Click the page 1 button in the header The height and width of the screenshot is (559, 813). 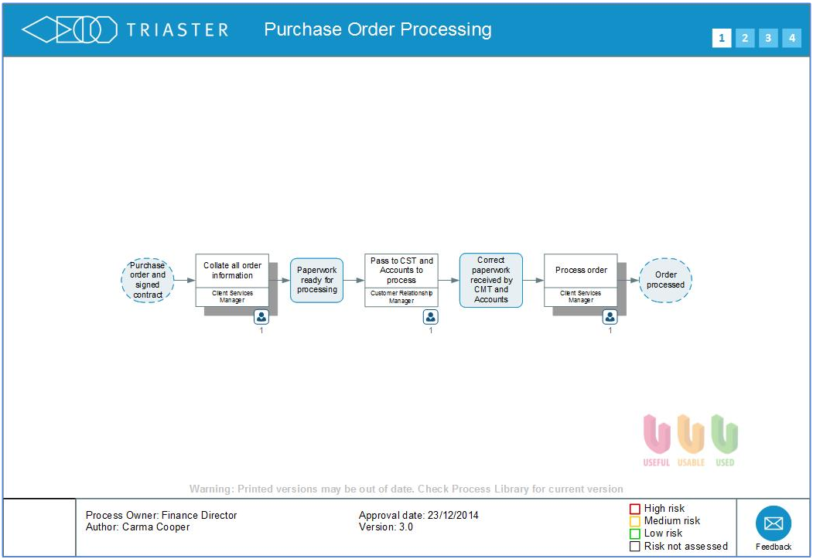click(x=721, y=38)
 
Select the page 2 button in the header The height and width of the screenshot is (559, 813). click(x=744, y=38)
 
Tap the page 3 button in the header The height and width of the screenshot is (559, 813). click(x=767, y=38)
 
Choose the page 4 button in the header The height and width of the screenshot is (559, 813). click(x=791, y=38)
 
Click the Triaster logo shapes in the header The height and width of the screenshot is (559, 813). click(x=69, y=30)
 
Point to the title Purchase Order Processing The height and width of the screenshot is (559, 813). click(x=377, y=29)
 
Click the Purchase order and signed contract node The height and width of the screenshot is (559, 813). click(x=147, y=280)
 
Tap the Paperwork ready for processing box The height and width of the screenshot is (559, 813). click(x=317, y=280)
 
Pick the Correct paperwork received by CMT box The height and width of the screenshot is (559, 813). click(x=491, y=280)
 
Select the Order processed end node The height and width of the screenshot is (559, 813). click(x=665, y=280)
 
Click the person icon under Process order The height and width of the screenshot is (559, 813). click(x=610, y=317)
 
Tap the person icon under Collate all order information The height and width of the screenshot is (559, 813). click(x=261, y=317)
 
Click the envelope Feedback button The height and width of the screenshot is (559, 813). click(x=773, y=523)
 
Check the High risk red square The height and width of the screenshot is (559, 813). click(x=635, y=509)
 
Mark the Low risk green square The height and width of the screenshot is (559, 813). click(x=635, y=533)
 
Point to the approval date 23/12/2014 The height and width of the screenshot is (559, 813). click(x=452, y=515)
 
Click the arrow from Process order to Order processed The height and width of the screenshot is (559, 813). click(x=628, y=280)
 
